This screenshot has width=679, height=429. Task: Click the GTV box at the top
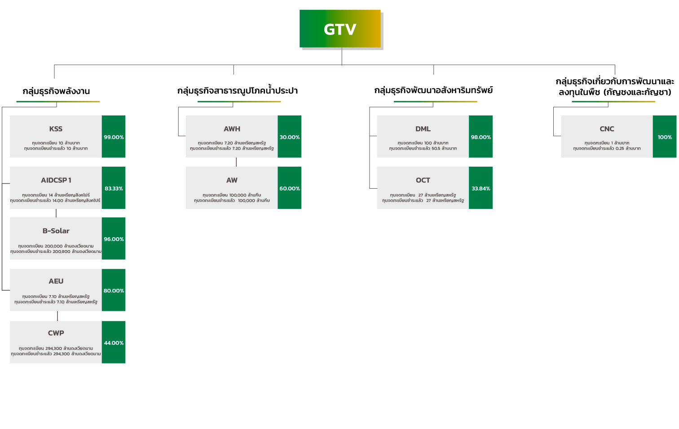340,29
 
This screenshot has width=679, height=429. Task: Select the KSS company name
56,129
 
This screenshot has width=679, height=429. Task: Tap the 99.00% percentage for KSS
114,137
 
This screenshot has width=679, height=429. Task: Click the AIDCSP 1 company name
56,180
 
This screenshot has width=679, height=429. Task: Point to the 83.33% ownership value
114,188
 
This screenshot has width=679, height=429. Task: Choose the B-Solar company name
56,231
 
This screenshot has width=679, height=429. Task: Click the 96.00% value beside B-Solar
114,239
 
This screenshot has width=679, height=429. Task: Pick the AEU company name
56,281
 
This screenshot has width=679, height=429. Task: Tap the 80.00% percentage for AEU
114,291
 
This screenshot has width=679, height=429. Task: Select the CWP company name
56,333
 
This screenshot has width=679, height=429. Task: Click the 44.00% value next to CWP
114,343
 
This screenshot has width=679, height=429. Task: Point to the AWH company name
232,129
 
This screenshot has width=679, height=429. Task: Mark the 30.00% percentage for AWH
290,137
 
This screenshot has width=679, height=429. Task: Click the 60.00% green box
290,188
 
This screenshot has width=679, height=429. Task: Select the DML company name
423,129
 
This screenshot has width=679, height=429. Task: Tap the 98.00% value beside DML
481,137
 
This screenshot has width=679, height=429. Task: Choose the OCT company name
423,180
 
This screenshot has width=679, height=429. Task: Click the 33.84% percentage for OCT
481,188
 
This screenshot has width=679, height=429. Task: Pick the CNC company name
607,129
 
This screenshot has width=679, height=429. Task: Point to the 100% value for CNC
665,137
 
